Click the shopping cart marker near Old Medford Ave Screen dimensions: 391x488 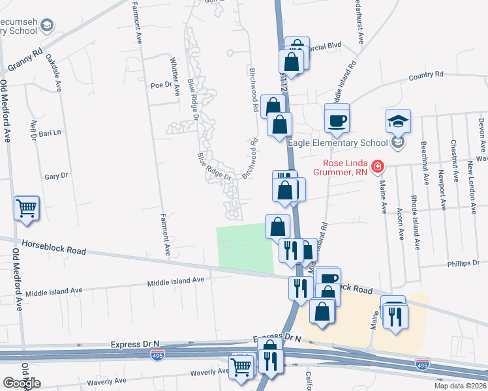[x=27, y=209]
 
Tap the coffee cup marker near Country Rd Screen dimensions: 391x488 [x=337, y=121]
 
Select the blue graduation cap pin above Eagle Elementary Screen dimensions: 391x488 [x=398, y=121]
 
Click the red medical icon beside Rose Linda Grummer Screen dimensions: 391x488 [x=377, y=167]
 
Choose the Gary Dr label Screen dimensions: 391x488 [x=56, y=176]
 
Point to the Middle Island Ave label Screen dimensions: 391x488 [x=175, y=281]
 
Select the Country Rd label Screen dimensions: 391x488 [x=426, y=76]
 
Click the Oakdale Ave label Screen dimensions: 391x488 [x=54, y=71]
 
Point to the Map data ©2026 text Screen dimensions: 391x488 [x=460, y=386]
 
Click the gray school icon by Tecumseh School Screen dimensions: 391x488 [x=46, y=25]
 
